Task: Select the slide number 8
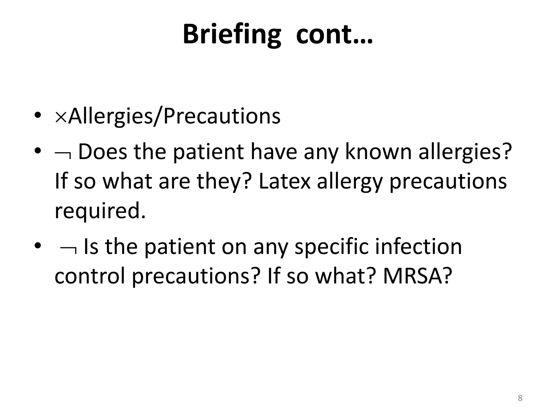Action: pyautogui.click(x=520, y=398)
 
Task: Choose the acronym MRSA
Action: pyautogui.click(x=413, y=276)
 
